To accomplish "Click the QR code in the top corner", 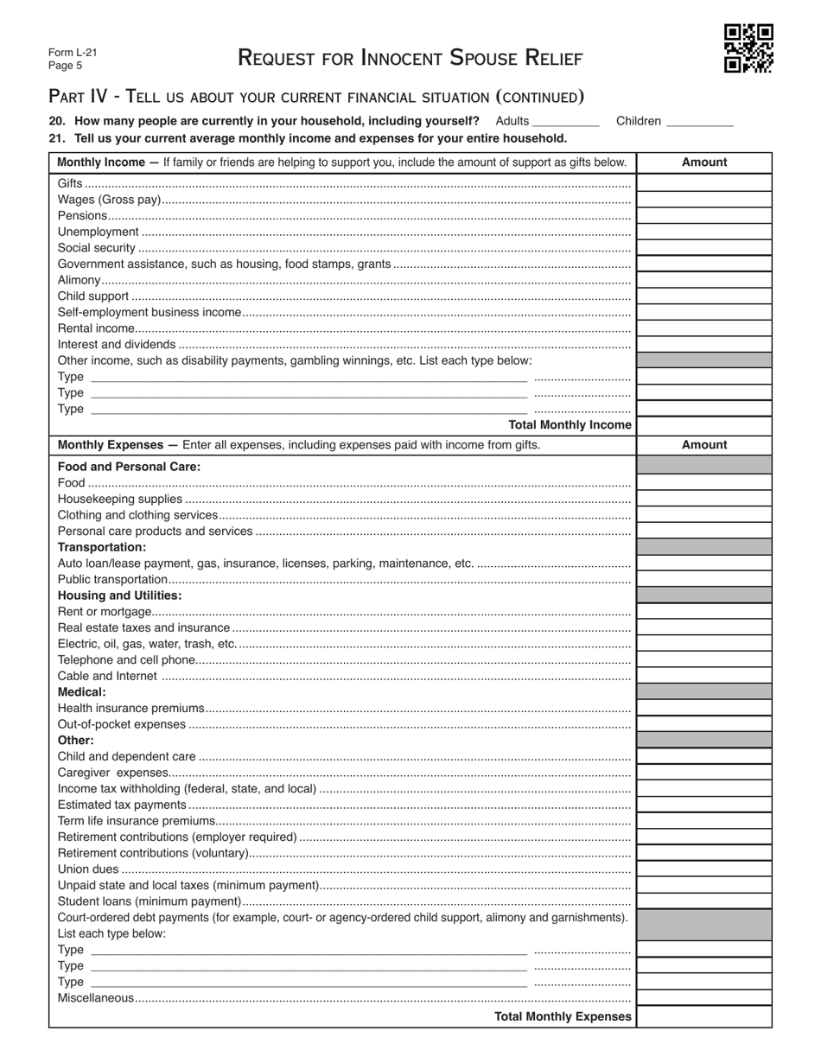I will [x=748, y=48].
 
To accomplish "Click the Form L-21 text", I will [x=73, y=52].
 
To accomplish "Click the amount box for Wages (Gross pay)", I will [x=704, y=200].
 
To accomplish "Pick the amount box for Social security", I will [x=704, y=248].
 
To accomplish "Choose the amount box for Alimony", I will [x=704, y=281].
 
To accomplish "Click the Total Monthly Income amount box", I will [x=704, y=425].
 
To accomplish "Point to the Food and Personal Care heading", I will [x=129, y=467].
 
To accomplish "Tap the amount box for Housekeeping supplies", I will [x=704, y=499].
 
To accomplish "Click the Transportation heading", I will [x=102, y=547].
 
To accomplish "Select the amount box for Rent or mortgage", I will [x=704, y=612].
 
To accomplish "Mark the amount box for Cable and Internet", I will [x=704, y=676].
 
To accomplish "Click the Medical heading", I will [x=82, y=692].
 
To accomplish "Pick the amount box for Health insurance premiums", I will [x=704, y=708].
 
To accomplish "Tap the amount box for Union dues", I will [x=704, y=869].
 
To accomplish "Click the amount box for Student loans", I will [x=704, y=901].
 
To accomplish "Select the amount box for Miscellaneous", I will [x=704, y=998].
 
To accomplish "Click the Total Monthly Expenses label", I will [x=563, y=1017].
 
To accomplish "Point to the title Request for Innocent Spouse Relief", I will [x=410, y=58].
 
